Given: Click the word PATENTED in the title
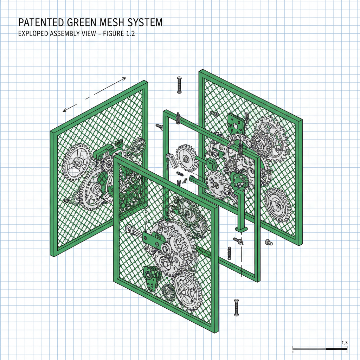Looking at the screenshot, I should click(40, 22).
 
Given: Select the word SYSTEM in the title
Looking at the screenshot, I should click(146, 22).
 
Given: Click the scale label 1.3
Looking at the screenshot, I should click(344, 342).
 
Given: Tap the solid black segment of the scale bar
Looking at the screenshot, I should click(336, 349).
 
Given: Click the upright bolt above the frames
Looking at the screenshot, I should click(179, 85).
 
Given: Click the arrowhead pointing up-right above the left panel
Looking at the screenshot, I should click(123, 79).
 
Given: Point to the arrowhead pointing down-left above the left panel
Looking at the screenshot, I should click(65, 110).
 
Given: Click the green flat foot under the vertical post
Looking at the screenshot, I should click(242, 229).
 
